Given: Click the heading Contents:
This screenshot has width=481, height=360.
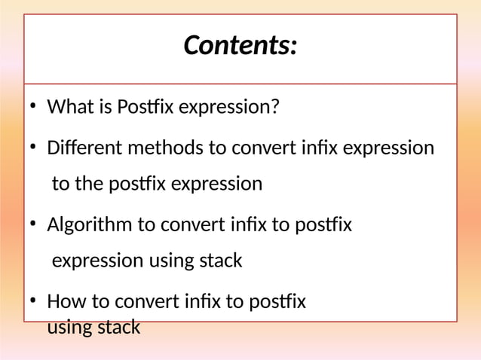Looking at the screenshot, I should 240,46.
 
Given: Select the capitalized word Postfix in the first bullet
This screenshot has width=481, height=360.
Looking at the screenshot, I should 142,108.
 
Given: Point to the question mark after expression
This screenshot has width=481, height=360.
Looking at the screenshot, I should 274,108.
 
